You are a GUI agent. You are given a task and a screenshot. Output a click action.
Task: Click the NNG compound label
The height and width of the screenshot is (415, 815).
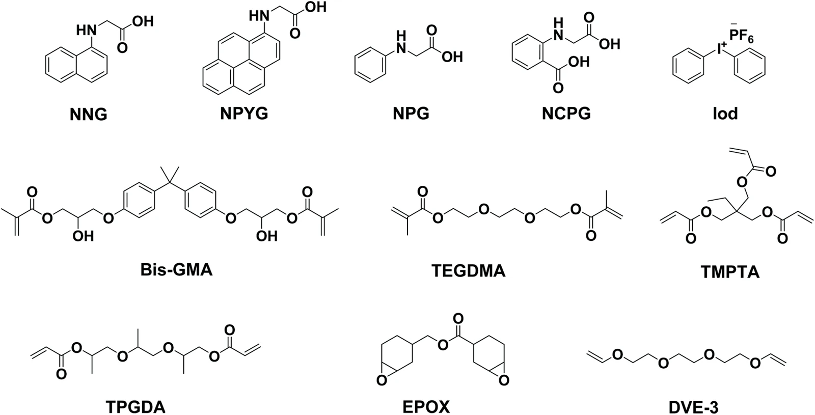click(x=89, y=115)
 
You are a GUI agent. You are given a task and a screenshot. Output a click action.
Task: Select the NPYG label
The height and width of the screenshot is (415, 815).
click(x=244, y=114)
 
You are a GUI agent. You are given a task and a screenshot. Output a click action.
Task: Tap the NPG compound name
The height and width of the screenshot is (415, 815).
click(x=411, y=114)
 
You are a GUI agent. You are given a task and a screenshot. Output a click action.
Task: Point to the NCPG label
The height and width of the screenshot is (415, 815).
click(x=566, y=114)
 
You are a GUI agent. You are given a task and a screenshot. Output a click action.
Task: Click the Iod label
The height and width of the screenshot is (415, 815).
click(x=725, y=114)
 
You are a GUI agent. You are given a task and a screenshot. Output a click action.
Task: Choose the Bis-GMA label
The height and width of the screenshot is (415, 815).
click(x=176, y=270)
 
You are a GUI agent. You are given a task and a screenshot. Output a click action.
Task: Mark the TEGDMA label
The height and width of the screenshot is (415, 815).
click(x=469, y=271)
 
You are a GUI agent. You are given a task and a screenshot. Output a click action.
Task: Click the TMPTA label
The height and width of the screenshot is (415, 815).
click(x=730, y=272)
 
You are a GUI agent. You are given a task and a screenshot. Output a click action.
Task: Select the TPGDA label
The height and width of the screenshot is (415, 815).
click(x=135, y=407)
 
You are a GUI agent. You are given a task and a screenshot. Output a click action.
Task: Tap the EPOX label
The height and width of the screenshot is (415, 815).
click(x=426, y=407)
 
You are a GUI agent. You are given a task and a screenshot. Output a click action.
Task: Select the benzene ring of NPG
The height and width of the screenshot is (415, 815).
click(x=370, y=66)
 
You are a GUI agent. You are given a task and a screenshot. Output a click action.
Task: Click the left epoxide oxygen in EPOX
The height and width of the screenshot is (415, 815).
click(x=382, y=380)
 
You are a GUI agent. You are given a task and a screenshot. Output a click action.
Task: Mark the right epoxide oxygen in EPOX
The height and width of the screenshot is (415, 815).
click(x=504, y=380)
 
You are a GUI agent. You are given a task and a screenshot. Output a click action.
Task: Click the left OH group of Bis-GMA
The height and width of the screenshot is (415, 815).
click(x=83, y=236)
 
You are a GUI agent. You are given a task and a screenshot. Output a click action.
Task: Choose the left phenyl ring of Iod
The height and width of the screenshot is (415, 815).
click(x=688, y=66)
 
